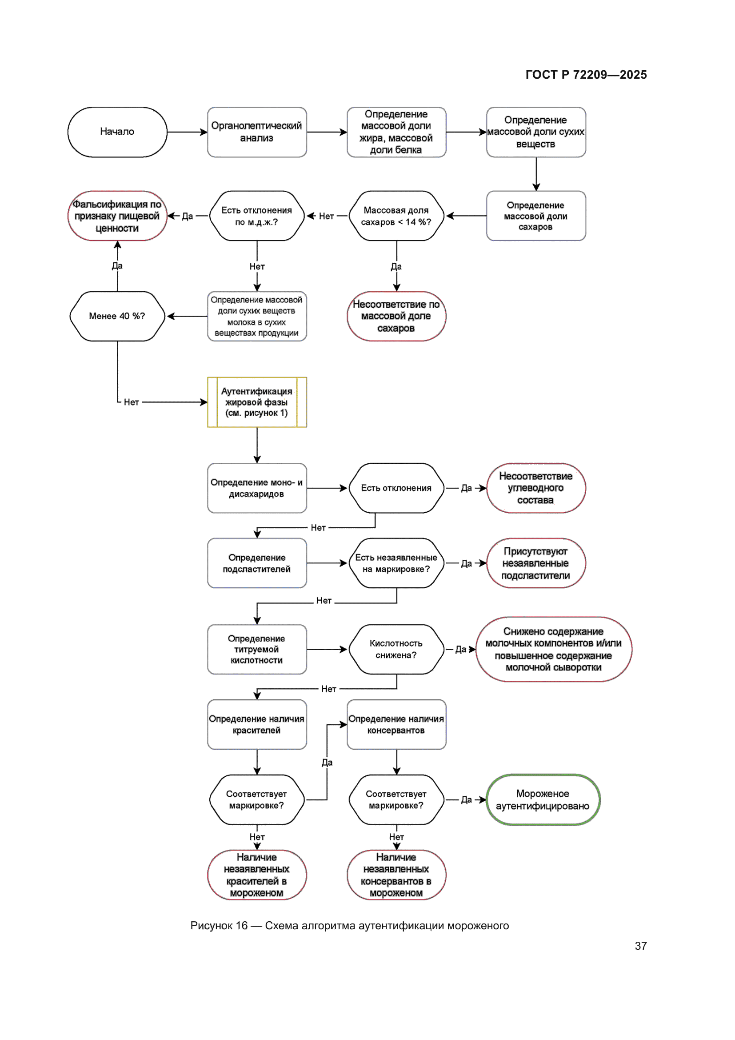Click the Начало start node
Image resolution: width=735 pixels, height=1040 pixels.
[x=117, y=132]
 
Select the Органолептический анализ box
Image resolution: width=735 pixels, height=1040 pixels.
[x=256, y=132]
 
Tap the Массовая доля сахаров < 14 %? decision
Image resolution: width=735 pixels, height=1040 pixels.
[x=396, y=216]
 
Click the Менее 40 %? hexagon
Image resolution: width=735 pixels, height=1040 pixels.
[x=117, y=316]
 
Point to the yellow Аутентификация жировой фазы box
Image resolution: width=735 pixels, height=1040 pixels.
[x=256, y=402]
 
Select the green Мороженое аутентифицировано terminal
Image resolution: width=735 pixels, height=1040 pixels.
[x=543, y=799]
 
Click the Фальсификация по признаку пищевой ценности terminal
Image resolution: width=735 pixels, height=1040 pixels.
[x=117, y=216]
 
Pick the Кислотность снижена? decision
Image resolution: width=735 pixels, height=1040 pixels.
[x=396, y=649]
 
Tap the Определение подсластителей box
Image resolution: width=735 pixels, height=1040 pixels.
[x=256, y=563]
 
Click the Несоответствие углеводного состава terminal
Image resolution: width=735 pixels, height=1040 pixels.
[x=535, y=488]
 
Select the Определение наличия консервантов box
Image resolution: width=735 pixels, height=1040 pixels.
[x=396, y=724]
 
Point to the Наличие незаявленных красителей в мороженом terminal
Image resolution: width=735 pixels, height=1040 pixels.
[x=256, y=875]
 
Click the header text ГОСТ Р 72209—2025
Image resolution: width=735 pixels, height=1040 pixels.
[x=586, y=75]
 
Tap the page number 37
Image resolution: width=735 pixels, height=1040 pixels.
[x=640, y=946]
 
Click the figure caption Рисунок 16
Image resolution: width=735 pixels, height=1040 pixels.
[x=349, y=925]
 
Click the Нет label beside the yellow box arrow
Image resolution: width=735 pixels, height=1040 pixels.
[x=131, y=402]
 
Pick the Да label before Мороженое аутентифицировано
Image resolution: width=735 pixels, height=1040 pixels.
[x=466, y=800]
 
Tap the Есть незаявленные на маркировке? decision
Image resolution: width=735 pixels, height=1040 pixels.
[x=396, y=563]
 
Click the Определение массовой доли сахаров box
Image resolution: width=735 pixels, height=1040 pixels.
[x=535, y=216]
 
